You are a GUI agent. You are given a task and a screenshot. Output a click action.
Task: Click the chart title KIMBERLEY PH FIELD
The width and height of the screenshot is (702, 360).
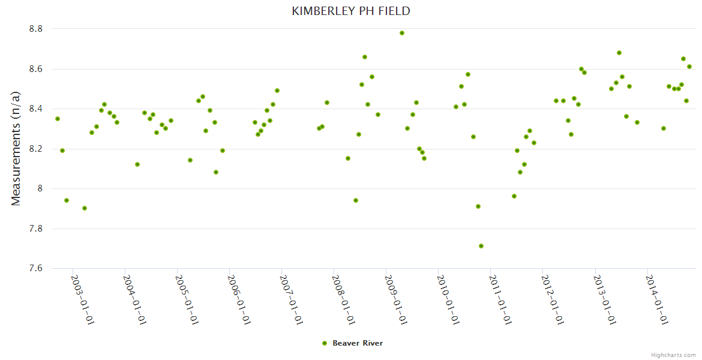[x=351, y=11]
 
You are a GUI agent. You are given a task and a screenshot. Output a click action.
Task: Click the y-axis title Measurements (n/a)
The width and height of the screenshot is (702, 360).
[x=16, y=148]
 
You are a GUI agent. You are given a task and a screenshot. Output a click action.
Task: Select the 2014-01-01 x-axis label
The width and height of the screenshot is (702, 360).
[x=658, y=299]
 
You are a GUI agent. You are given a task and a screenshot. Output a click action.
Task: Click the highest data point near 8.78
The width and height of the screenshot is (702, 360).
[x=402, y=33]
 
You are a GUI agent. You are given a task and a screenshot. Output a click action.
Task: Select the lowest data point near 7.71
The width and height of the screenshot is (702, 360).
[x=481, y=246]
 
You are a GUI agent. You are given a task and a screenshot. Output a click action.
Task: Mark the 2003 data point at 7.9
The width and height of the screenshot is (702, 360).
[x=85, y=208]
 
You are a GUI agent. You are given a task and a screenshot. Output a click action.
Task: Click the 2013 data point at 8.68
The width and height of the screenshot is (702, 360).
[x=619, y=53]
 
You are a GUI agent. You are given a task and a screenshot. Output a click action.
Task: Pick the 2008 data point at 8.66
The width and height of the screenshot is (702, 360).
[x=365, y=57]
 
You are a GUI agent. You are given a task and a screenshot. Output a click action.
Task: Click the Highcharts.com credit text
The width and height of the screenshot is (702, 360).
[x=673, y=355]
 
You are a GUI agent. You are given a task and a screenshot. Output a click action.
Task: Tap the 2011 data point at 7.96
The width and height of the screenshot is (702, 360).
[x=514, y=196]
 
